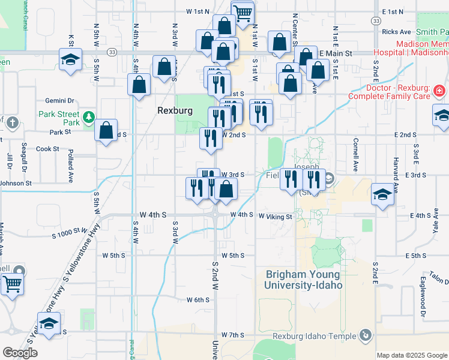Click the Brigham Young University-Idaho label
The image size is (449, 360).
pyautogui.click(x=304, y=280)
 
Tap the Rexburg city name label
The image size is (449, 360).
pyautogui.click(x=173, y=110)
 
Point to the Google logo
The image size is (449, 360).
pyautogui.click(x=20, y=353)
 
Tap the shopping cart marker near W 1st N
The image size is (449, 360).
pyautogui.click(x=242, y=13)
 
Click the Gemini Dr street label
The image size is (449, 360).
pyautogui.click(x=59, y=101)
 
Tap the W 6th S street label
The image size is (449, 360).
pyautogui.click(x=197, y=300)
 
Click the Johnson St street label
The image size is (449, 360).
pyautogui.click(x=16, y=183)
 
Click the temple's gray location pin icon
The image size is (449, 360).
pyautogui.click(x=364, y=335)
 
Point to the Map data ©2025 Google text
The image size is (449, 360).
pyautogui.click(x=411, y=355)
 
